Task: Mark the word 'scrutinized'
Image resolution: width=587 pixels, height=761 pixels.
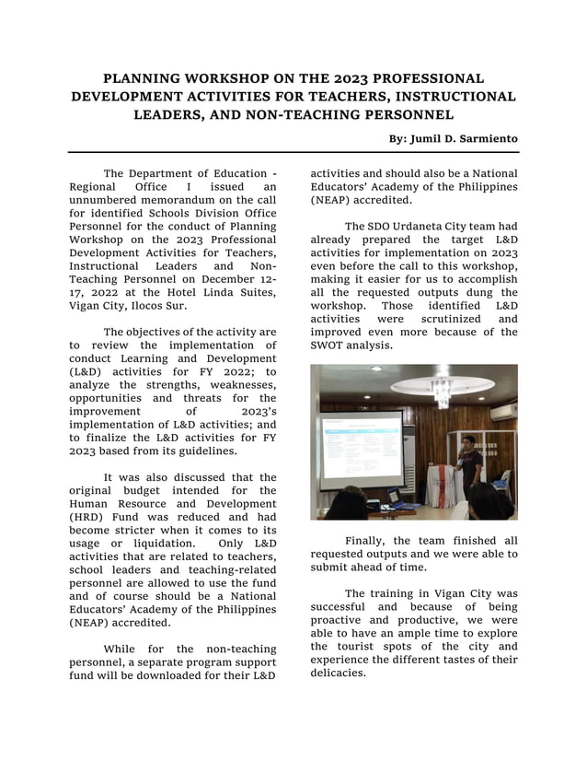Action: click(x=436, y=318)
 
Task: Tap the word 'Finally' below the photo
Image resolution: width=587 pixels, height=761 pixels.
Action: click(x=368, y=541)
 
